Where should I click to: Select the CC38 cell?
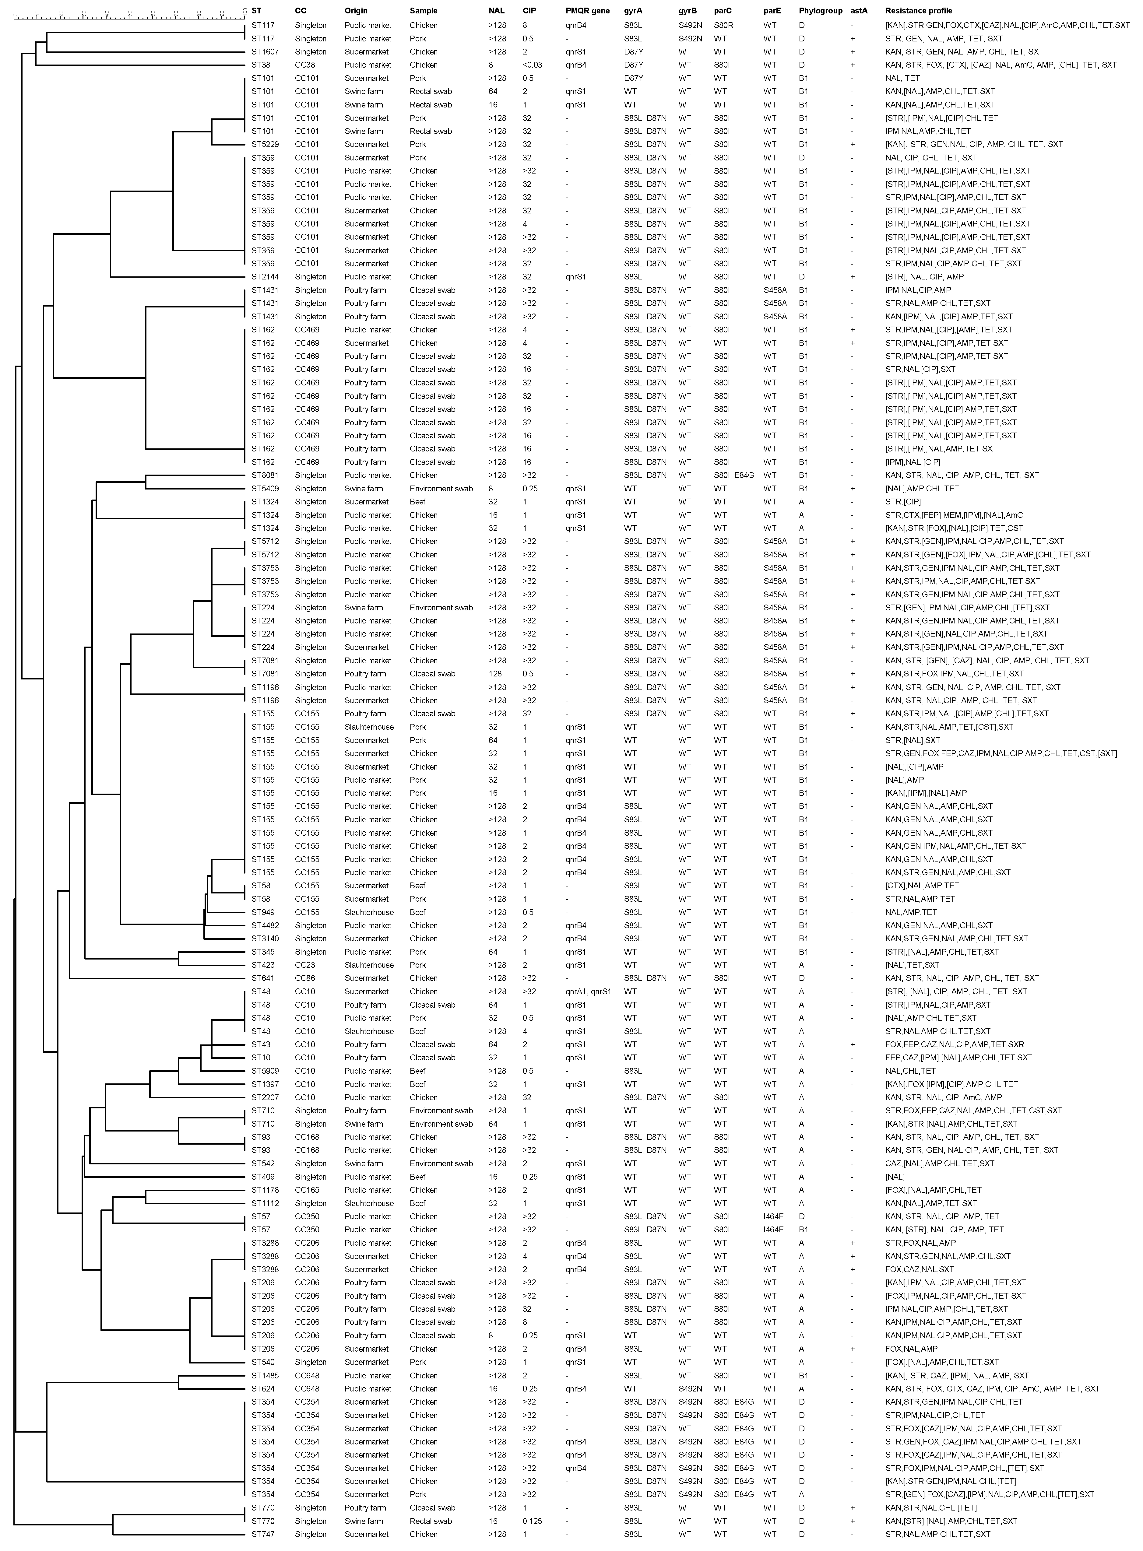[x=305, y=65]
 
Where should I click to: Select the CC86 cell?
[x=305, y=978]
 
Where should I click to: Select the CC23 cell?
[x=305, y=965]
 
